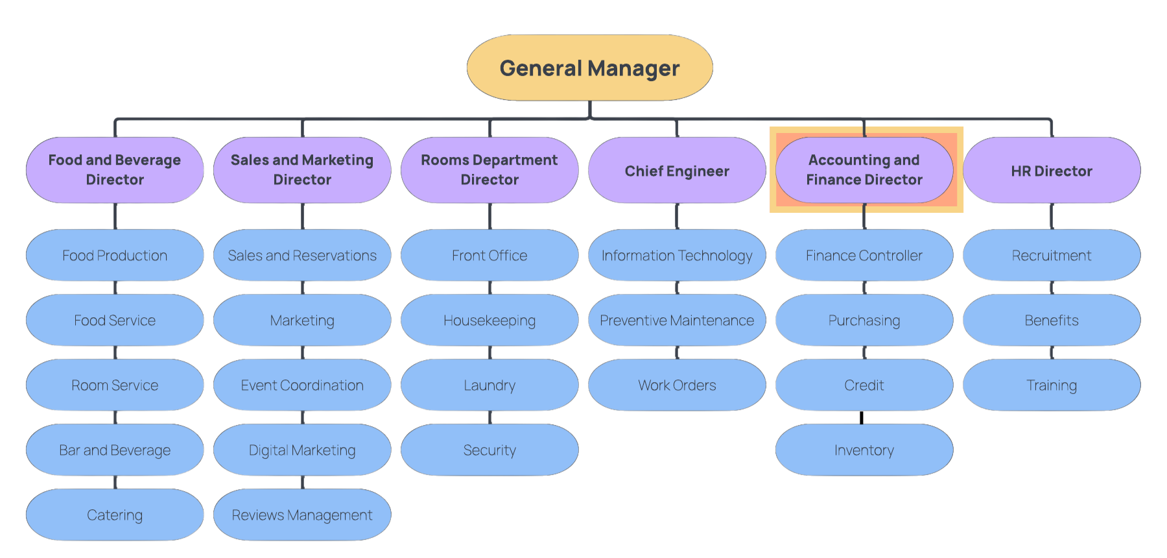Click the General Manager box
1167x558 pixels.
tap(589, 68)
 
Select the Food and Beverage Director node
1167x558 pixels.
tap(115, 170)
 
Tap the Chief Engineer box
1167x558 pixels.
tap(677, 171)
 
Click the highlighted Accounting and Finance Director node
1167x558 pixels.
tap(864, 170)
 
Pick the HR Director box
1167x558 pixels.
tap(1052, 171)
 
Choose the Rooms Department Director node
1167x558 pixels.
tap(489, 170)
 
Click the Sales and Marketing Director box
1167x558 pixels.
tap(302, 170)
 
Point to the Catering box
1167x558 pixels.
tap(115, 515)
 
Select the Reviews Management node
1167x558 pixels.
tap(302, 515)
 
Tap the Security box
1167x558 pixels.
tap(489, 450)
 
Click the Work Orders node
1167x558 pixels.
tap(677, 385)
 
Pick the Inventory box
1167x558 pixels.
tap(864, 450)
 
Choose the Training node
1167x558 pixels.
tap(1052, 385)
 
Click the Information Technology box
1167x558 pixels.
tap(677, 256)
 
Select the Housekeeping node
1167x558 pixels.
tap(489, 321)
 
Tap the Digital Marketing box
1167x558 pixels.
tap(302, 450)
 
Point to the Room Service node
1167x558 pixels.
tap(115, 385)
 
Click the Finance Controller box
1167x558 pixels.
tap(864, 256)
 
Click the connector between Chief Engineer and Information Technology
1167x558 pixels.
tap(677, 216)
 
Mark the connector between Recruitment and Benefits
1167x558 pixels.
tap(1052, 287)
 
